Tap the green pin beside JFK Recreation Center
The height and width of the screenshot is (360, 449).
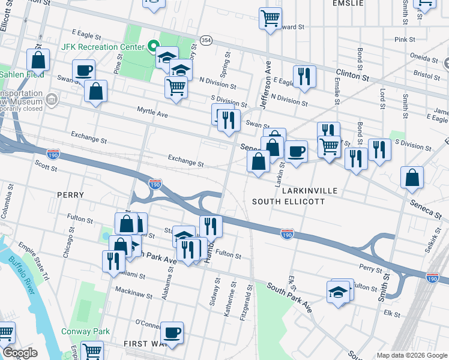tap(153, 46)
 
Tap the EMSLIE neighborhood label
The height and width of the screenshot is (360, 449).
tap(347, 3)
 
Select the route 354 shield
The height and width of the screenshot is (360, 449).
tap(206, 40)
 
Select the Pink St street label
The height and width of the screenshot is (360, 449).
tap(405, 40)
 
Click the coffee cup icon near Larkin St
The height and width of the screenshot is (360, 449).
tap(295, 151)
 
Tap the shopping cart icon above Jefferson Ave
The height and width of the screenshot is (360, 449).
tap(270, 18)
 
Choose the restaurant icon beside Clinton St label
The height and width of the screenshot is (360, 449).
tap(304, 76)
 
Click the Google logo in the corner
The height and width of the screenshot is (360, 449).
tap(20, 353)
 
